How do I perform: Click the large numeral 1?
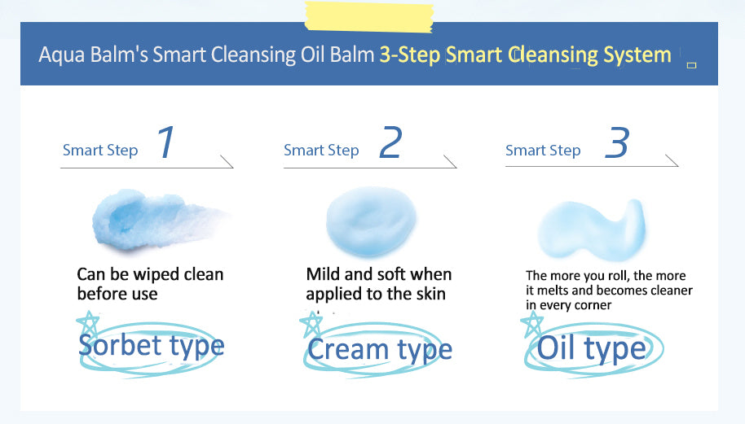166,142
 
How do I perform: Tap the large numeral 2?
391,142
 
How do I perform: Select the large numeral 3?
617,142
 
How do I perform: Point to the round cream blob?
371,221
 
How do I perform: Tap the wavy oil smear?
592,230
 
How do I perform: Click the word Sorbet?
120,345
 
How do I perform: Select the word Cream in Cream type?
348,350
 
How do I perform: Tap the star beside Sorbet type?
88,325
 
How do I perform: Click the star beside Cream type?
311,325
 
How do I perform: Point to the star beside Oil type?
532,325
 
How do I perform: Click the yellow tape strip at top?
368,16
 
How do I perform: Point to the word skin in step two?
431,294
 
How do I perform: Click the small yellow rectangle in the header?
692,65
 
